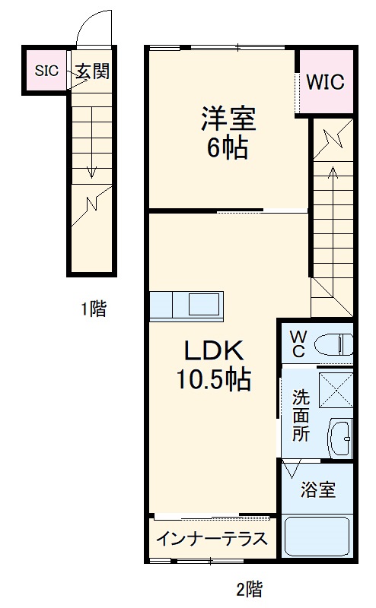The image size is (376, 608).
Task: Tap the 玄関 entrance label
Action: pos(93,71)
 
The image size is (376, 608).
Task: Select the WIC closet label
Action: pos(325,81)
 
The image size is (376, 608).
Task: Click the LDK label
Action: pos(212,350)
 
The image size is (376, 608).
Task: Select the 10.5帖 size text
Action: pos(214,378)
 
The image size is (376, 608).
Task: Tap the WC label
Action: pos(298,343)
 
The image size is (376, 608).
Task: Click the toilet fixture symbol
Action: pos(335,344)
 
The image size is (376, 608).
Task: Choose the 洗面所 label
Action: pos(301,415)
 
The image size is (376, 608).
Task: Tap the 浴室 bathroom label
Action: pos(317,489)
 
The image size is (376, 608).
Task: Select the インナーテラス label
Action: pos(212,539)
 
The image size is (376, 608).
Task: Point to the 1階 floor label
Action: pos(94,309)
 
